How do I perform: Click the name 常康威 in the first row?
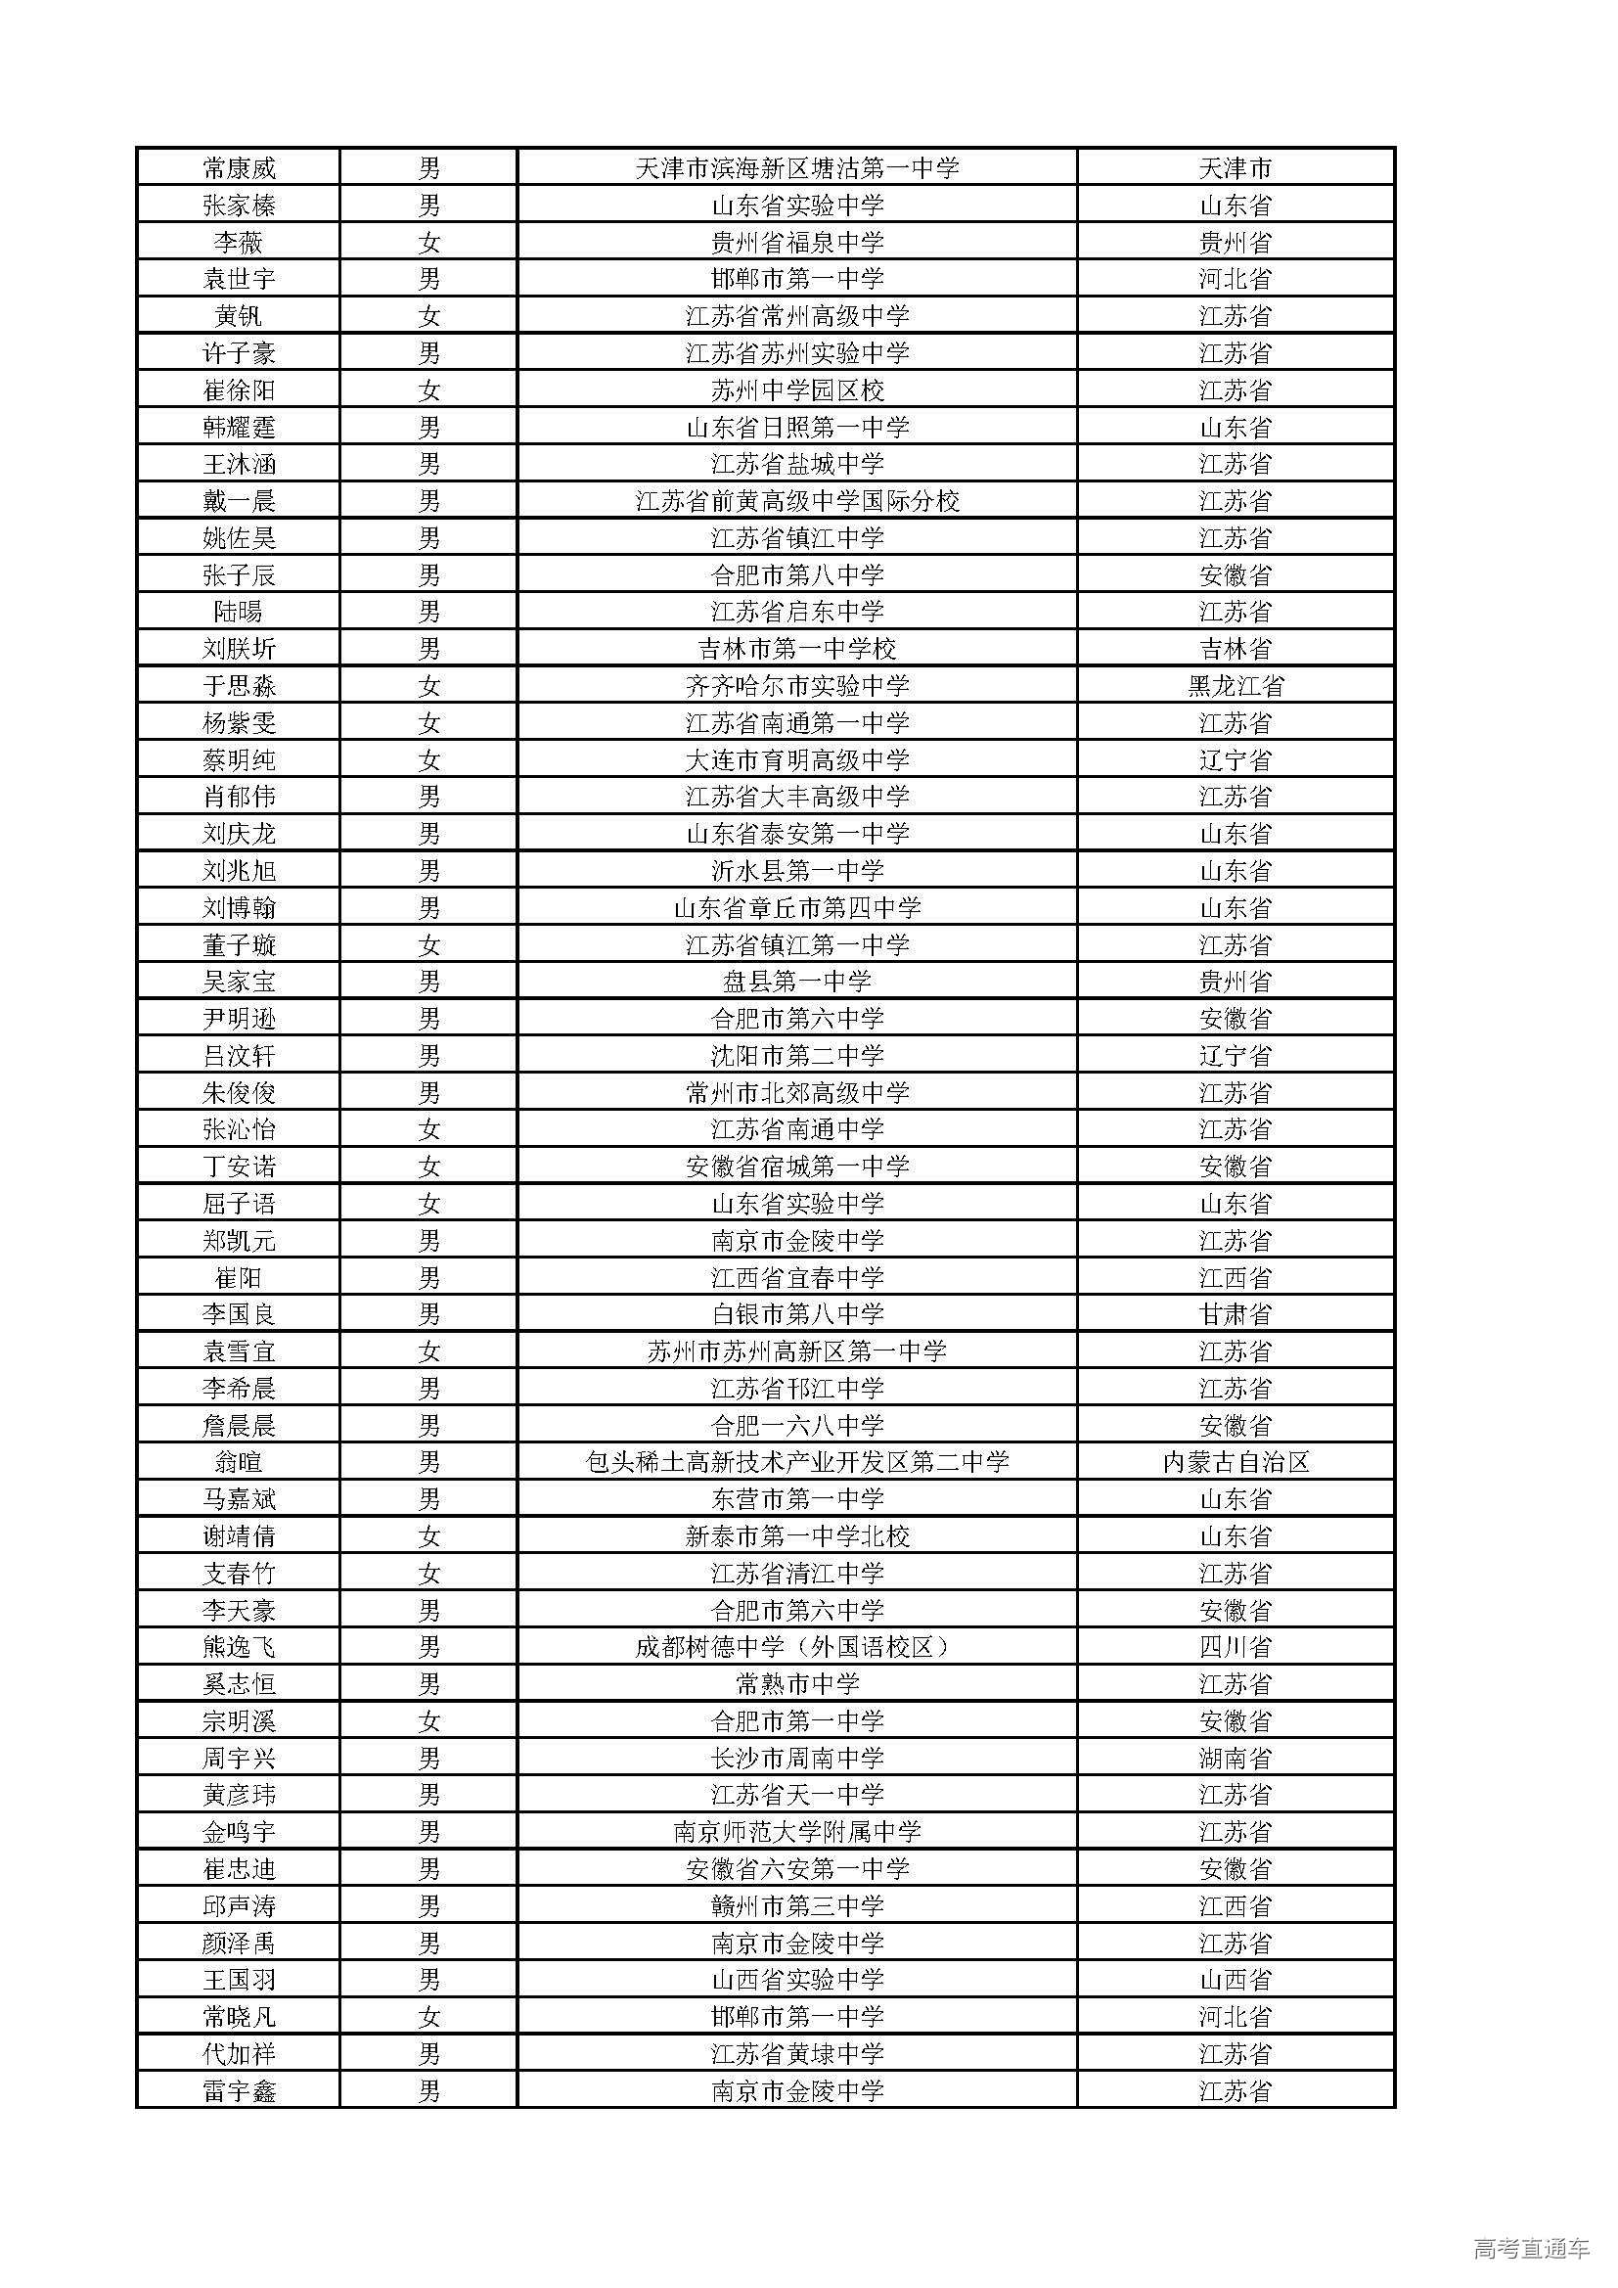pyautogui.click(x=239, y=168)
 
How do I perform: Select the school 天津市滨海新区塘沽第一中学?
pyautogui.click(x=797, y=168)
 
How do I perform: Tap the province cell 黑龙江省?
pyautogui.click(x=1236, y=687)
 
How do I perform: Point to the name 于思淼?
pyautogui.click(x=239, y=687)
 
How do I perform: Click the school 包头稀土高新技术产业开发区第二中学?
pyautogui.click(x=797, y=1463)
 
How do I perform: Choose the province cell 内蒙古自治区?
pyautogui.click(x=1236, y=1463)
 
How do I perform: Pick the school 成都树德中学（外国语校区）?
pyautogui.click(x=797, y=1647)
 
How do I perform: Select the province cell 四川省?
pyautogui.click(x=1236, y=1647)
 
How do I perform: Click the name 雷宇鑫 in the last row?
pyautogui.click(x=239, y=2090)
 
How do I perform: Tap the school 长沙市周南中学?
pyautogui.click(x=797, y=1759)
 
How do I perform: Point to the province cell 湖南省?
pyautogui.click(x=1236, y=1759)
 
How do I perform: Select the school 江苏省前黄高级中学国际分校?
pyautogui.click(x=797, y=501)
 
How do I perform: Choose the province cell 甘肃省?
pyautogui.click(x=1236, y=1314)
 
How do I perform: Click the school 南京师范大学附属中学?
pyautogui.click(x=797, y=1833)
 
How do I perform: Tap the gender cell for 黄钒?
pyautogui.click(x=428, y=317)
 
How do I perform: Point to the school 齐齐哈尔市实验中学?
pyautogui.click(x=797, y=687)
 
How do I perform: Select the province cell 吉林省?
pyautogui.click(x=1236, y=650)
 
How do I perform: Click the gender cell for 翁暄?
pyautogui.click(x=428, y=1463)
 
